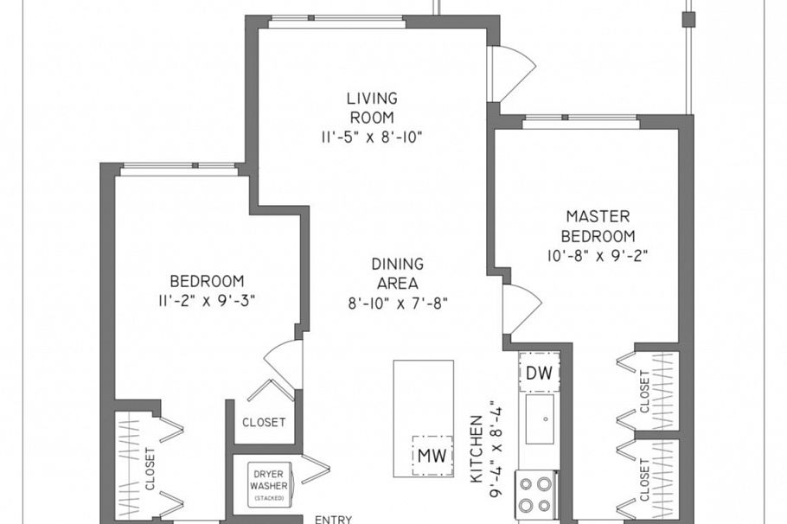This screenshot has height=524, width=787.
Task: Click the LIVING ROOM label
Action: pyautogui.click(x=373, y=108)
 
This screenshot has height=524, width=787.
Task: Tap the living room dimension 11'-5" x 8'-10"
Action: pyautogui.click(x=373, y=137)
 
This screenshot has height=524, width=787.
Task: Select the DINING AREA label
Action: pyautogui.click(x=398, y=273)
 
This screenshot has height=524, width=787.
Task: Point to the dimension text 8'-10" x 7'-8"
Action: pyautogui.click(x=398, y=303)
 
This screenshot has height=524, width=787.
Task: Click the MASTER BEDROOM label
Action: pyautogui.click(x=598, y=226)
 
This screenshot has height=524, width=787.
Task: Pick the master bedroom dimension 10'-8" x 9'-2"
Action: pyautogui.click(x=598, y=255)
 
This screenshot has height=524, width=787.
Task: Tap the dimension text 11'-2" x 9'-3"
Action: pyautogui.click(x=207, y=300)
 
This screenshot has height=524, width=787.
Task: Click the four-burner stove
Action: pyautogui.click(x=536, y=494)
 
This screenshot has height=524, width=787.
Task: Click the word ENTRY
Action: pyautogui.click(x=332, y=520)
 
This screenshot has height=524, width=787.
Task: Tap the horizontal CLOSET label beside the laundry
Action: pyautogui.click(x=264, y=423)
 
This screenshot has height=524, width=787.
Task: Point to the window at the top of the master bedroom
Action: pyautogui.click(x=580, y=120)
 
